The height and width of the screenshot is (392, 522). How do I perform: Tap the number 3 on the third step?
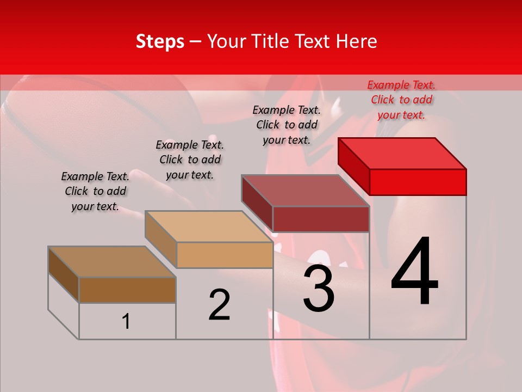point(318,289)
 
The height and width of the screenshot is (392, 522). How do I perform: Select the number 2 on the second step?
point(219,305)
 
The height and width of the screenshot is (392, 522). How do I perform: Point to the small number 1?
point(126,322)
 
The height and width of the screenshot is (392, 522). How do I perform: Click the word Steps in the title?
point(160,41)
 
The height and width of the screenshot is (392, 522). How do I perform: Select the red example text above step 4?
point(401,100)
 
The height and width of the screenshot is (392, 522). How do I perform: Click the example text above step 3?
point(287,125)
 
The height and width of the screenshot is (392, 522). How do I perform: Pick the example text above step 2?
point(190,160)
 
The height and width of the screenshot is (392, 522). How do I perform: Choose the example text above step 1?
point(95,191)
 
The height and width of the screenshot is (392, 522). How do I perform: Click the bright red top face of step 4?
point(402,153)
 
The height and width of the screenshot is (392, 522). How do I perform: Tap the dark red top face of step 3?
point(306,191)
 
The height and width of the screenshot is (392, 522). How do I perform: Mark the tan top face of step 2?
point(209,226)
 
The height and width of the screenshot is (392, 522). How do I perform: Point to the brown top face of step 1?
point(112,262)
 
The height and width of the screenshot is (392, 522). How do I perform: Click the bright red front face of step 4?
point(418,182)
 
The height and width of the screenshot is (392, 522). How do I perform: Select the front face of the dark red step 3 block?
point(321,219)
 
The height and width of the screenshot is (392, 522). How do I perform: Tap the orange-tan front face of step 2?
point(225,255)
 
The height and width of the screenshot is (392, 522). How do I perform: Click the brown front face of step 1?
point(127,290)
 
